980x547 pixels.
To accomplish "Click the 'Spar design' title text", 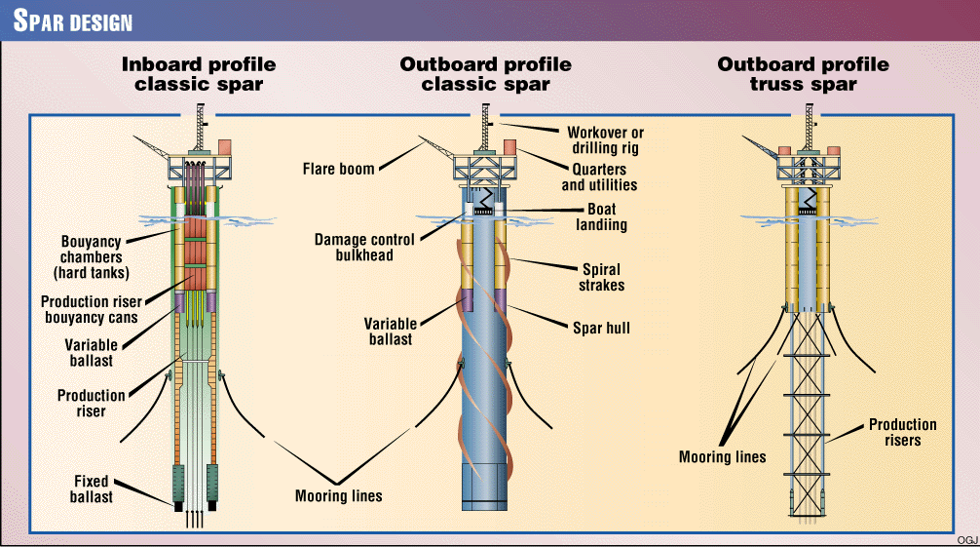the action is pos(73,20).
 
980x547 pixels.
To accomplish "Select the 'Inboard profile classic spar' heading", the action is pos(199,74).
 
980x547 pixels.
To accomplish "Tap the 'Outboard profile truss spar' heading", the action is pos(803,74).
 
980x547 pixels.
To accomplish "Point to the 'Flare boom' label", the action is pos(338,169).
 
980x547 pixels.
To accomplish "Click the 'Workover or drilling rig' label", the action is pos(605,140).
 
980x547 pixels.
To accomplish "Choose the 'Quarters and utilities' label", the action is pos(599,177).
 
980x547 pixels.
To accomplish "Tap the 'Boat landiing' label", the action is pos(601,216).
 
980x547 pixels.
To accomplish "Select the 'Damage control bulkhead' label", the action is pos(364,248).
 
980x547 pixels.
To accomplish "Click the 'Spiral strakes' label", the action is pos(601,277).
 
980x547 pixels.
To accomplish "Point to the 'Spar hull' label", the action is pos(601,328).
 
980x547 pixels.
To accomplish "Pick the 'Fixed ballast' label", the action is pos(92,488).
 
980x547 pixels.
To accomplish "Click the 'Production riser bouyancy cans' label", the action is pos(92,309).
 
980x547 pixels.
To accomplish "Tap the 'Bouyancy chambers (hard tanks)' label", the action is pos(92,257).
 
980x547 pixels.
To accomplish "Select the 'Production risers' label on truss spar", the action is pos(902,433).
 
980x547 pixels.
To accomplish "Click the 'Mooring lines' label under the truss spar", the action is pos(723,457).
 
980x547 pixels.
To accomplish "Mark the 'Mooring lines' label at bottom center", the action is pos(339,496).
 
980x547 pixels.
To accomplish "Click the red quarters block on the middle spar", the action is pos(509,147).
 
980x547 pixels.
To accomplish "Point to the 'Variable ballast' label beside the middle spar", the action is pos(391,332).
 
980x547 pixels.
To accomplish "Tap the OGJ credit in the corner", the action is pos(967,540).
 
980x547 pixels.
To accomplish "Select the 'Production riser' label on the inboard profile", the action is pos(92,403).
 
